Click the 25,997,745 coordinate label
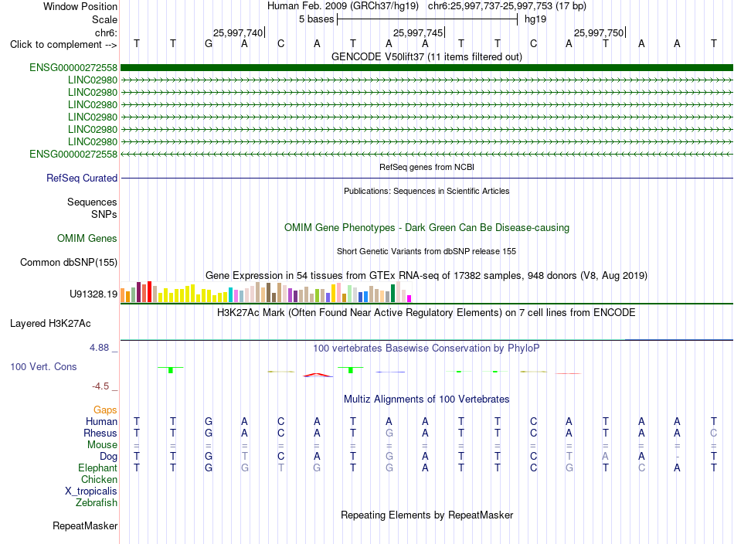coord(418,32)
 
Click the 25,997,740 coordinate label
coord(238,32)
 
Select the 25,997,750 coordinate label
coord(599,32)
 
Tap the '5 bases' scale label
coord(317,19)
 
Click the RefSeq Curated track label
coord(82,178)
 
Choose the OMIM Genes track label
coord(87,238)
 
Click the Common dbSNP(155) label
coord(69,262)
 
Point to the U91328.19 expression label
coord(93,294)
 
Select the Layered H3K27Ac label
coord(50,324)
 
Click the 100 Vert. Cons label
coord(43,366)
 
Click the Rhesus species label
coord(100,433)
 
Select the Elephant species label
coord(98,467)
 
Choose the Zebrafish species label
coord(97,502)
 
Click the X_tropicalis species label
coord(91,491)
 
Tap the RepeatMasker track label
coord(85,525)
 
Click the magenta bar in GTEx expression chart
coord(409,299)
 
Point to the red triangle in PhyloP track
coord(318,375)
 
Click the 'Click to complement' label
coord(63,45)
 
